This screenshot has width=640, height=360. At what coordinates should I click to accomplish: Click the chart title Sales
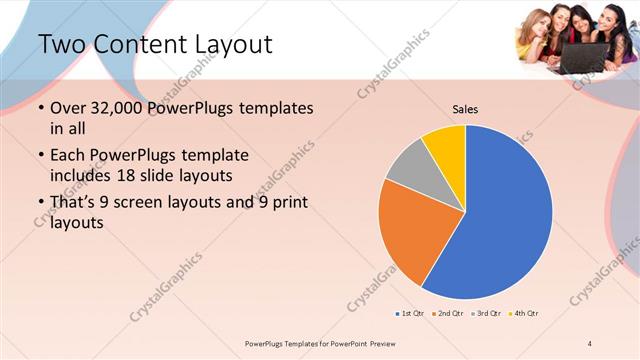(x=465, y=108)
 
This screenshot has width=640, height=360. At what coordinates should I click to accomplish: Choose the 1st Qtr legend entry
(x=410, y=313)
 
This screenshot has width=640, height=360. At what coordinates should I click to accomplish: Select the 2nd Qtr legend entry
(x=450, y=313)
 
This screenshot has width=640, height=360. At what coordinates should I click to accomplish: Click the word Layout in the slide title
(x=223, y=44)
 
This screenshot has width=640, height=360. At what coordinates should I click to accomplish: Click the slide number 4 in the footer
(x=590, y=344)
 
